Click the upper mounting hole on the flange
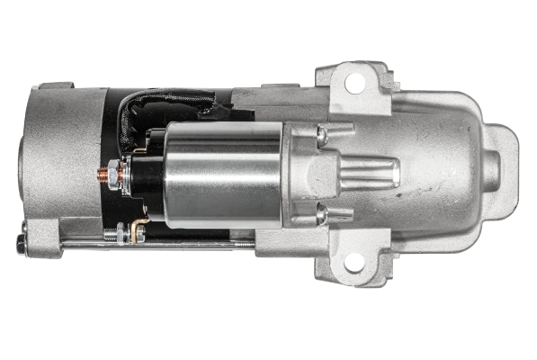[354, 83]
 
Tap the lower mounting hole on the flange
[354, 262]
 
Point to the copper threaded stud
[103, 168]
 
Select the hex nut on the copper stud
[114, 168]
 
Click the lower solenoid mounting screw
[321, 215]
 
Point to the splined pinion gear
[370, 171]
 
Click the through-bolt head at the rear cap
[21, 244]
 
